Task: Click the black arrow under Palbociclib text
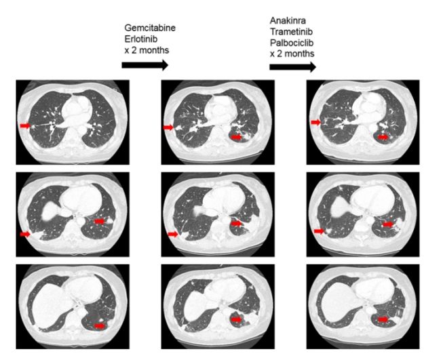tap(292, 66)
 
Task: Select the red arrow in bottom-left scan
tap(100, 325)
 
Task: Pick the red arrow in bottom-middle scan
tap(236, 319)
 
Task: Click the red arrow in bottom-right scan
tap(384, 319)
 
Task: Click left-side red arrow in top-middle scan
tap(170, 126)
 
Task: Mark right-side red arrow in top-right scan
tap(384, 137)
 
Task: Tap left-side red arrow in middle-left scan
tap(26, 234)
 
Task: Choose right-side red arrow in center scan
tap(236, 223)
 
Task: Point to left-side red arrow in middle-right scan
tap(316, 232)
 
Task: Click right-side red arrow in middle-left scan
tap(100, 220)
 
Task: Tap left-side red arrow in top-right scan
tap(316, 122)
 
